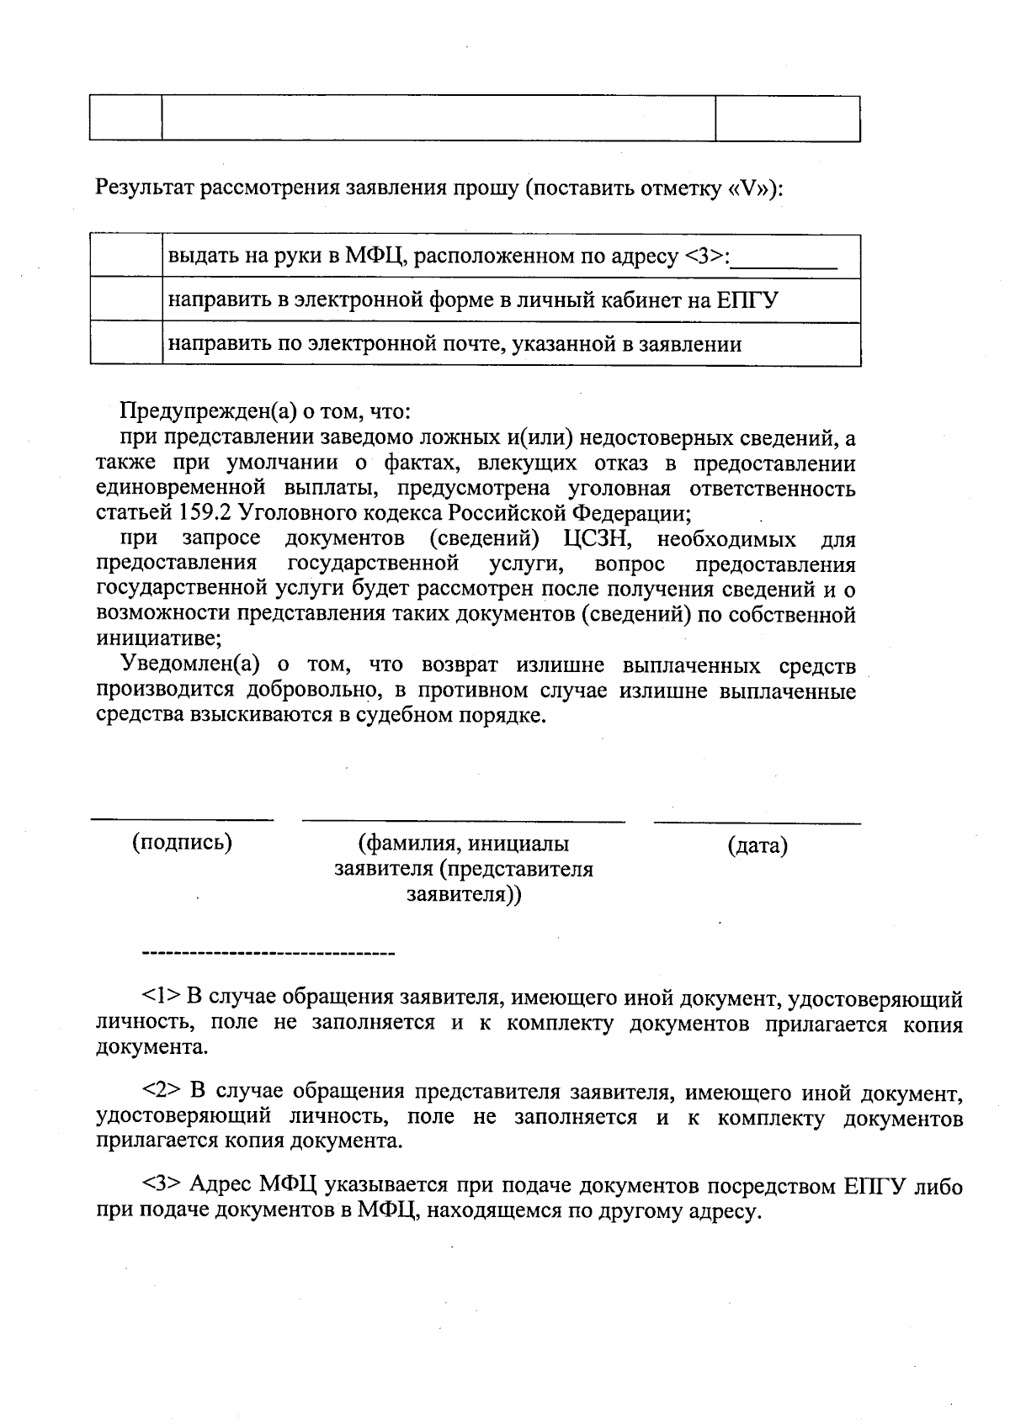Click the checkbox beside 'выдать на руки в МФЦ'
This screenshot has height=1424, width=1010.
[126, 256]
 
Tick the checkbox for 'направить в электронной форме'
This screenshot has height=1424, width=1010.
[126, 299]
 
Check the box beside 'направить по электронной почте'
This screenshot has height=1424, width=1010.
[126, 343]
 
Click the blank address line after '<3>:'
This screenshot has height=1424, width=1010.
[784, 262]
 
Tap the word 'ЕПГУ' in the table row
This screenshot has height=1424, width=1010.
[747, 299]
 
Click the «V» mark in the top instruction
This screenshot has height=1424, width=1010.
[748, 188]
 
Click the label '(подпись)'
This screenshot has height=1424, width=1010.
[182, 842]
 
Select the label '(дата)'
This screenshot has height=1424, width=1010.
[757, 845]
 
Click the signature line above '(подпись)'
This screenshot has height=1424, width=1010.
[182, 818]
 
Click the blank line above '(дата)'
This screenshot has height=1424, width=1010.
[757, 822]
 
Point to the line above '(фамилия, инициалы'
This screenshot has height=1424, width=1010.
[463, 819]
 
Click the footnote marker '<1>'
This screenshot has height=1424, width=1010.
[161, 997]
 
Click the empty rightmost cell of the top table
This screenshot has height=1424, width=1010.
[787, 119]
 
